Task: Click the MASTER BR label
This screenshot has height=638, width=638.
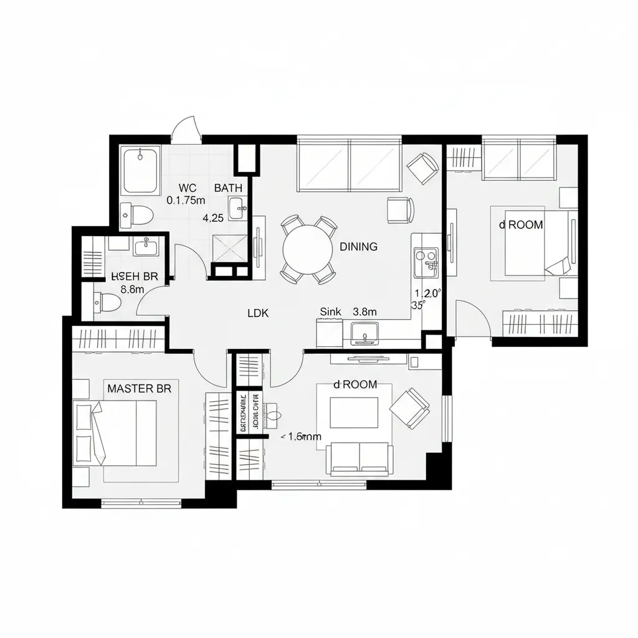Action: [x=139, y=389]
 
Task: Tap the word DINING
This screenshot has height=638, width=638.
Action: [x=358, y=247]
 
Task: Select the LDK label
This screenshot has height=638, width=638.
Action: [x=258, y=313]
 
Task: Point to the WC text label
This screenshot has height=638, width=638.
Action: [x=187, y=188]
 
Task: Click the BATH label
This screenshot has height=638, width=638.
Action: [x=228, y=188]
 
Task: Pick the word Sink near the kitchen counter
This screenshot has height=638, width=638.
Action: [x=330, y=312]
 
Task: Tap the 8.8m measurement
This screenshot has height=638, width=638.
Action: [x=133, y=289]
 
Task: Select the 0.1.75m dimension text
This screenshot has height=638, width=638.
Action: [x=186, y=201]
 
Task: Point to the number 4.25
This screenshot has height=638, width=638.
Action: [x=214, y=218]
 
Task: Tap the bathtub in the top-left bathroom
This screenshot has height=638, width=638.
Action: [x=141, y=170]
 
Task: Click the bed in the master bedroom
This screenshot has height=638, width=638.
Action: [x=118, y=432]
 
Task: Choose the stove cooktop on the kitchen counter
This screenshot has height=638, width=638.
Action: [x=426, y=262]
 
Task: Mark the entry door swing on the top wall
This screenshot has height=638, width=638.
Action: [x=187, y=128]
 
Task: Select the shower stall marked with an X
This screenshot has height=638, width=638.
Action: [x=231, y=250]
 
